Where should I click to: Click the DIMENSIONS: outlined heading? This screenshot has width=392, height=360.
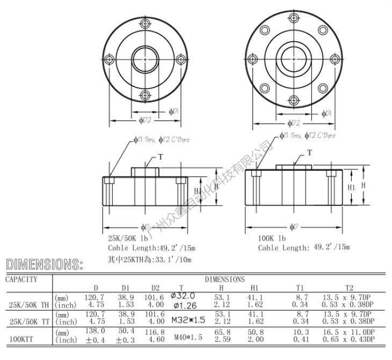click(45, 265)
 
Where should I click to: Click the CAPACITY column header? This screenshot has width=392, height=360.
click(21, 279)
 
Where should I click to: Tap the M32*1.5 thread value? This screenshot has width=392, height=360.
click(188, 320)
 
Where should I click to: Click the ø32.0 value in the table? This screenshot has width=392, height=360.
click(183, 296)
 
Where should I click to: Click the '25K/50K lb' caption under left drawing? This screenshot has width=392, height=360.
click(129, 238)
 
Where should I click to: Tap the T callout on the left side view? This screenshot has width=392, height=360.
click(159, 157)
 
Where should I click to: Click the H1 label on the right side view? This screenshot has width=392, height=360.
click(352, 187)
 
